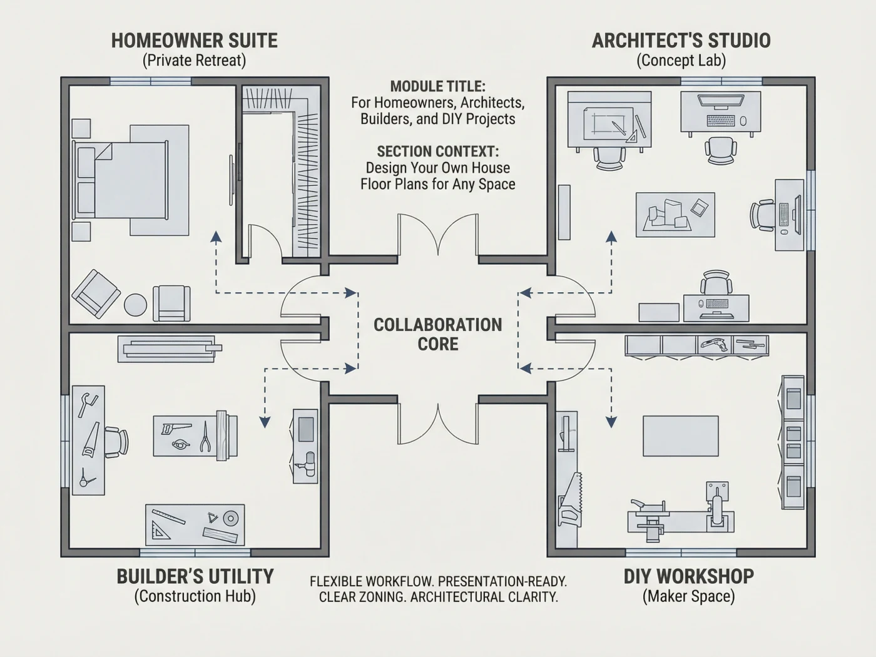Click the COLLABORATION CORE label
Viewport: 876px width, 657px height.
[438, 334]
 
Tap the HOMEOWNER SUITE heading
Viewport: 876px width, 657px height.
[195, 41]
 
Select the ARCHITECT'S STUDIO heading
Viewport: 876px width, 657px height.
[681, 41]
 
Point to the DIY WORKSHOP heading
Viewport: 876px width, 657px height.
[688, 576]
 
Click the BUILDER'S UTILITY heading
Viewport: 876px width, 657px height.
[195, 576]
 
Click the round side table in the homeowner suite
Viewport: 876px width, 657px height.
[135, 305]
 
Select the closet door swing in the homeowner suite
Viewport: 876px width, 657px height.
[265, 242]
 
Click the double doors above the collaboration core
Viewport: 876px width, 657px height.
[438, 235]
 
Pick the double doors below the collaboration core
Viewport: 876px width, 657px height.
[438, 424]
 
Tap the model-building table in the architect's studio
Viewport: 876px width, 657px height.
[675, 215]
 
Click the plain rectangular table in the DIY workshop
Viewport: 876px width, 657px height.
[680, 436]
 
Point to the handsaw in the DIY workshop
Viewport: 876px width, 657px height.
[571, 500]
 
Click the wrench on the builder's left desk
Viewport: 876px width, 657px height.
[86, 405]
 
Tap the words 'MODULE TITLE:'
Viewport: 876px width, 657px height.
[438, 86]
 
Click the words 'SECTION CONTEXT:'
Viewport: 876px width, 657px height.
[438, 151]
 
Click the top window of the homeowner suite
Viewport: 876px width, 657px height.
[150, 81]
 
